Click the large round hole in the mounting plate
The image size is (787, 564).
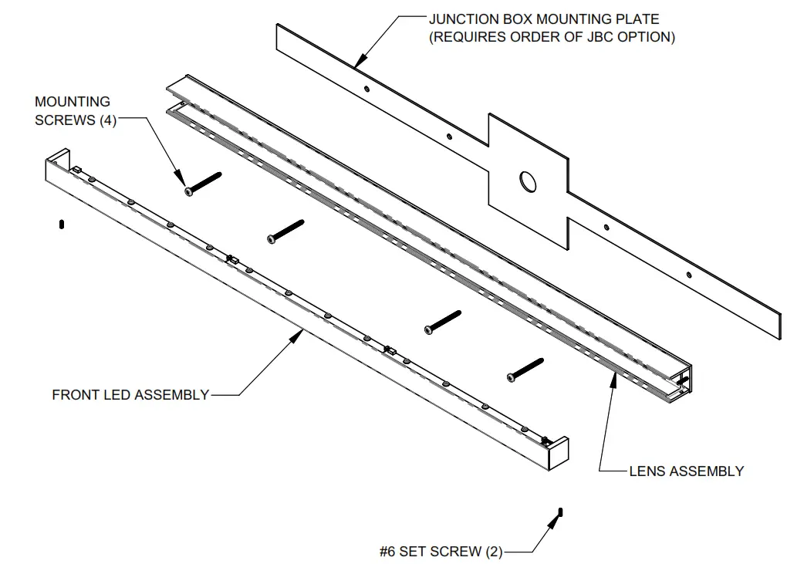(529, 181)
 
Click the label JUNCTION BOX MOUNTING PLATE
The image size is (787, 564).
(544, 19)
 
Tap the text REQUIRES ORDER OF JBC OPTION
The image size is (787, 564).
(552, 37)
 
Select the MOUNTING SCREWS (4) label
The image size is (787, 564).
(74, 111)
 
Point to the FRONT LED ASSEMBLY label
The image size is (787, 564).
(130, 395)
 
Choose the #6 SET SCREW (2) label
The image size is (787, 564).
(441, 552)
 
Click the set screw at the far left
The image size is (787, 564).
(61, 225)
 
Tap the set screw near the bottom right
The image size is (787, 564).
(561, 512)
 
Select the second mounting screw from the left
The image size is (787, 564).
(285, 231)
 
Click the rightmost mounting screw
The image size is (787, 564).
(525, 368)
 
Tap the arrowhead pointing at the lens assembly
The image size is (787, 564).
(613, 376)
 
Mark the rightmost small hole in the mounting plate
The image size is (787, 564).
(689, 274)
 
